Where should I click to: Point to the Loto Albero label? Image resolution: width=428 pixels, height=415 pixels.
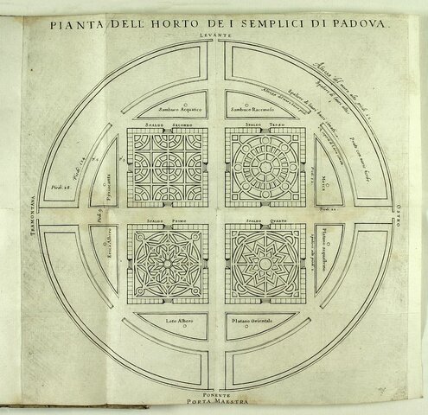(178, 322)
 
